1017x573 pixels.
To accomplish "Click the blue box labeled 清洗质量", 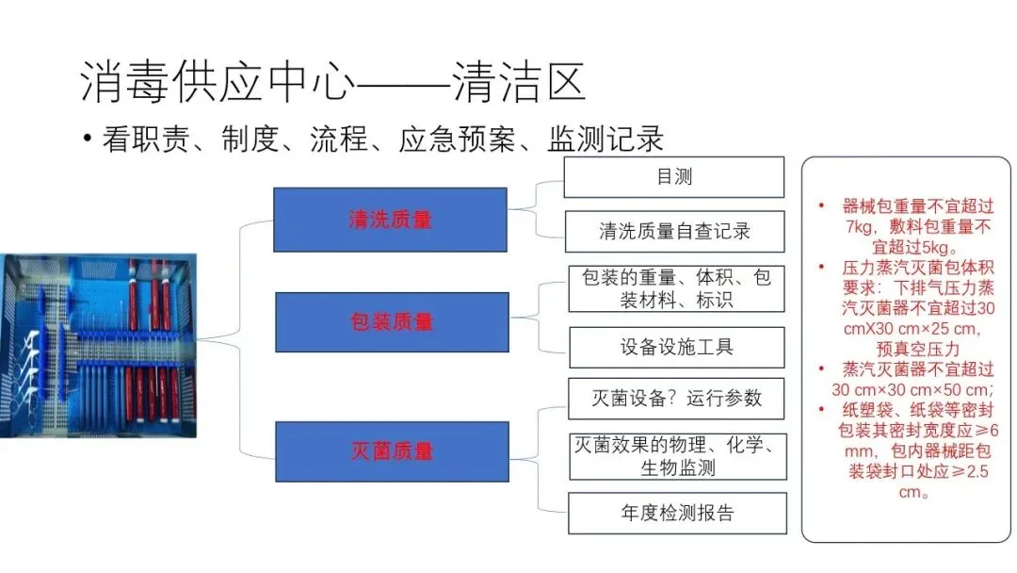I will point(390,220).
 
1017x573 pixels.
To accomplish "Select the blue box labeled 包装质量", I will point(392,322).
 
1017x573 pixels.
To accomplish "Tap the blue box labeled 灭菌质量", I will point(392,451).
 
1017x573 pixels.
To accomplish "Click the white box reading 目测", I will point(673,177).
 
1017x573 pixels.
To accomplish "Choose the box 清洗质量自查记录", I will point(674,232).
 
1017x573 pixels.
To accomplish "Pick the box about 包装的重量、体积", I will point(676,288).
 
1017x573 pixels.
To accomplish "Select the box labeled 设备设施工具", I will point(676,347).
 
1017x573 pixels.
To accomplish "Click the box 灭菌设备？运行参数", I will point(676,397).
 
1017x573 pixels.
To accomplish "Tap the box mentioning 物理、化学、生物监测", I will point(677,455).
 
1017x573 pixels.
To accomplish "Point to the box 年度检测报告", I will point(677,514).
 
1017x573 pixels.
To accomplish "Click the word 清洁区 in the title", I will point(519,83).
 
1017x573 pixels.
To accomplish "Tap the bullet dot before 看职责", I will point(87,139).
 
